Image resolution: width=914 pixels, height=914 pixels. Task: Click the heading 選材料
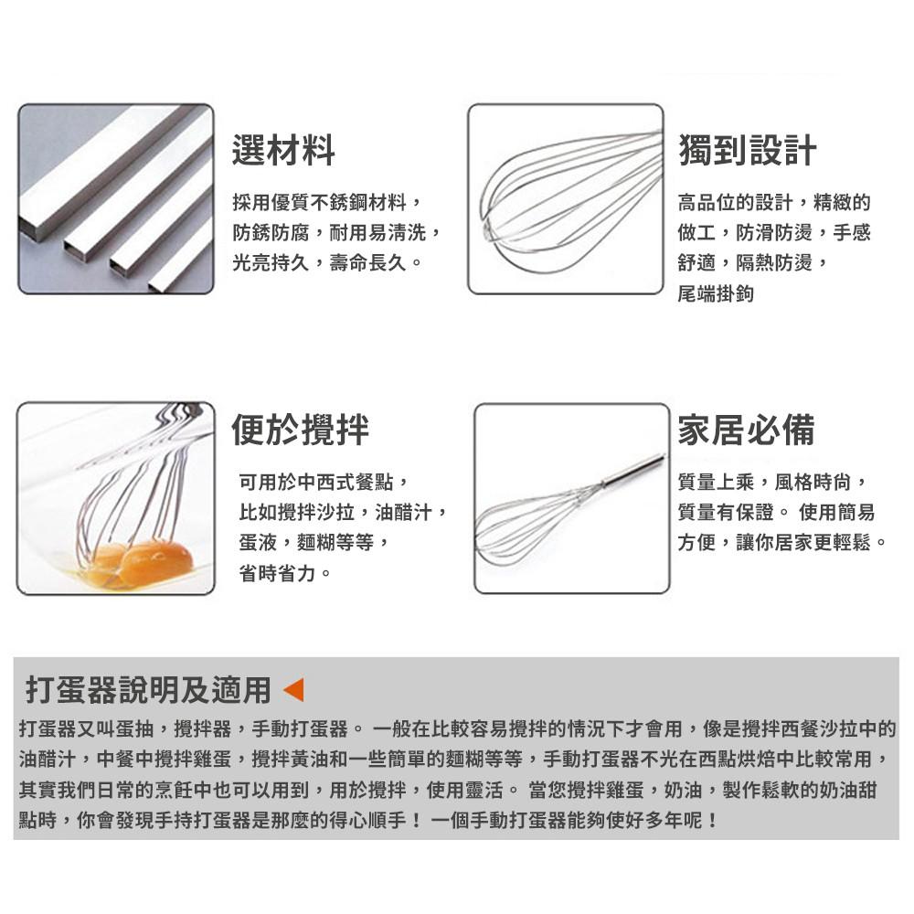pos(283,150)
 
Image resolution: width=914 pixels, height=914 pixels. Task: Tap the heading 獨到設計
pos(747,150)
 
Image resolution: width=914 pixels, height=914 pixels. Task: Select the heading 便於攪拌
pos(301,430)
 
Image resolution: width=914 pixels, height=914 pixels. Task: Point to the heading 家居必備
pos(746,430)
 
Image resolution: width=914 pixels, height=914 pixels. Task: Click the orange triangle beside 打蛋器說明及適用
pos(293,690)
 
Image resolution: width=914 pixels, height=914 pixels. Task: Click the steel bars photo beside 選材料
pos(115,199)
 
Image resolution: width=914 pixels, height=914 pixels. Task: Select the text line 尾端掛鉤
pos(716,294)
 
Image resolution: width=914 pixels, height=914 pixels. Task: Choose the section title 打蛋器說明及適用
pos(148,690)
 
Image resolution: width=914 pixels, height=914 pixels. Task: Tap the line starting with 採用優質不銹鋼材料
pos(326,201)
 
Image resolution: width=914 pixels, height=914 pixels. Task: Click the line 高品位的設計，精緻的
pos(773,201)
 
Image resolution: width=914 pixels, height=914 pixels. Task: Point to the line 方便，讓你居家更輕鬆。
pos(781,543)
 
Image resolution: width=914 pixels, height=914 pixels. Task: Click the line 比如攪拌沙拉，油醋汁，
pos(343,512)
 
